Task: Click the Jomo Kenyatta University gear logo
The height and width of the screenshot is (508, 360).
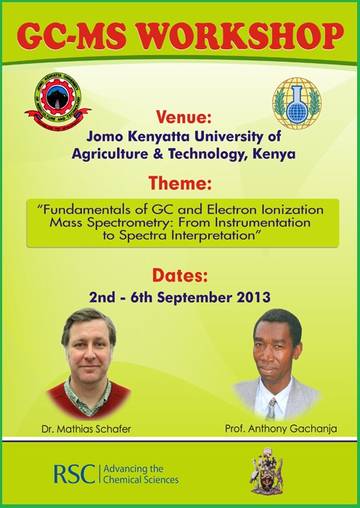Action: tap(57, 102)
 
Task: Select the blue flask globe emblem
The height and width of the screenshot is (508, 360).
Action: tap(296, 103)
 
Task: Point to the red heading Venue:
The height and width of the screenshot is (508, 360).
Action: tap(184, 118)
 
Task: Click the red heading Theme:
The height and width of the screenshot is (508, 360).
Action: tap(180, 184)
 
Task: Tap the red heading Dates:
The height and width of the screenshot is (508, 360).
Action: tap(180, 276)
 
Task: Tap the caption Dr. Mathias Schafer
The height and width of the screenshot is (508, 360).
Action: tap(86, 430)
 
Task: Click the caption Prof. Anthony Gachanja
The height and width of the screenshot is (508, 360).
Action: tap(281, 429)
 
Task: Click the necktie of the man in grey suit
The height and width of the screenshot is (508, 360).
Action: tap(271, 409)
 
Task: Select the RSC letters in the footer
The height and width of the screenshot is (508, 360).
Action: tap(74, 474)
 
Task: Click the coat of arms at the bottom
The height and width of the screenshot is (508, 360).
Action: tap(266, 470)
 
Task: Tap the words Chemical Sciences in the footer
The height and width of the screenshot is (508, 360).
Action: tap(141, 479)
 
